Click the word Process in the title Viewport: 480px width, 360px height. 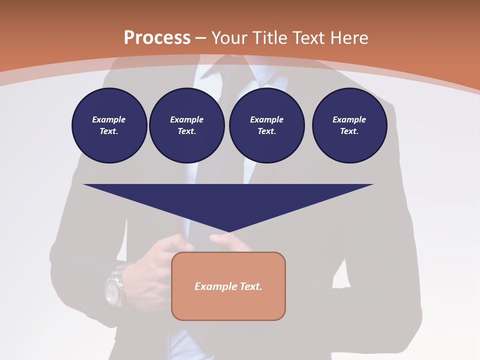coord(157,37)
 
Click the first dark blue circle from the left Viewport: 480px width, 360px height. coord(109,125)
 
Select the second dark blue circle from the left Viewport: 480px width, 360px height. coord(186,125)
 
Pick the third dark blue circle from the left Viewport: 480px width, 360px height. coord(266,125)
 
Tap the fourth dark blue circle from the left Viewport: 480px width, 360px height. coord(349,125)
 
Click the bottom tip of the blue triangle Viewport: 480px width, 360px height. coord(228,230)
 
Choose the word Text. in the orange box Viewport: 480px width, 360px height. coord(250,286)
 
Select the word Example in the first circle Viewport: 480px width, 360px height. coord(109,119)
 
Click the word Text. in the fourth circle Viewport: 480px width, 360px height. coord(349,131)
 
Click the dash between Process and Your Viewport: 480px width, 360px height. coord(201,38)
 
